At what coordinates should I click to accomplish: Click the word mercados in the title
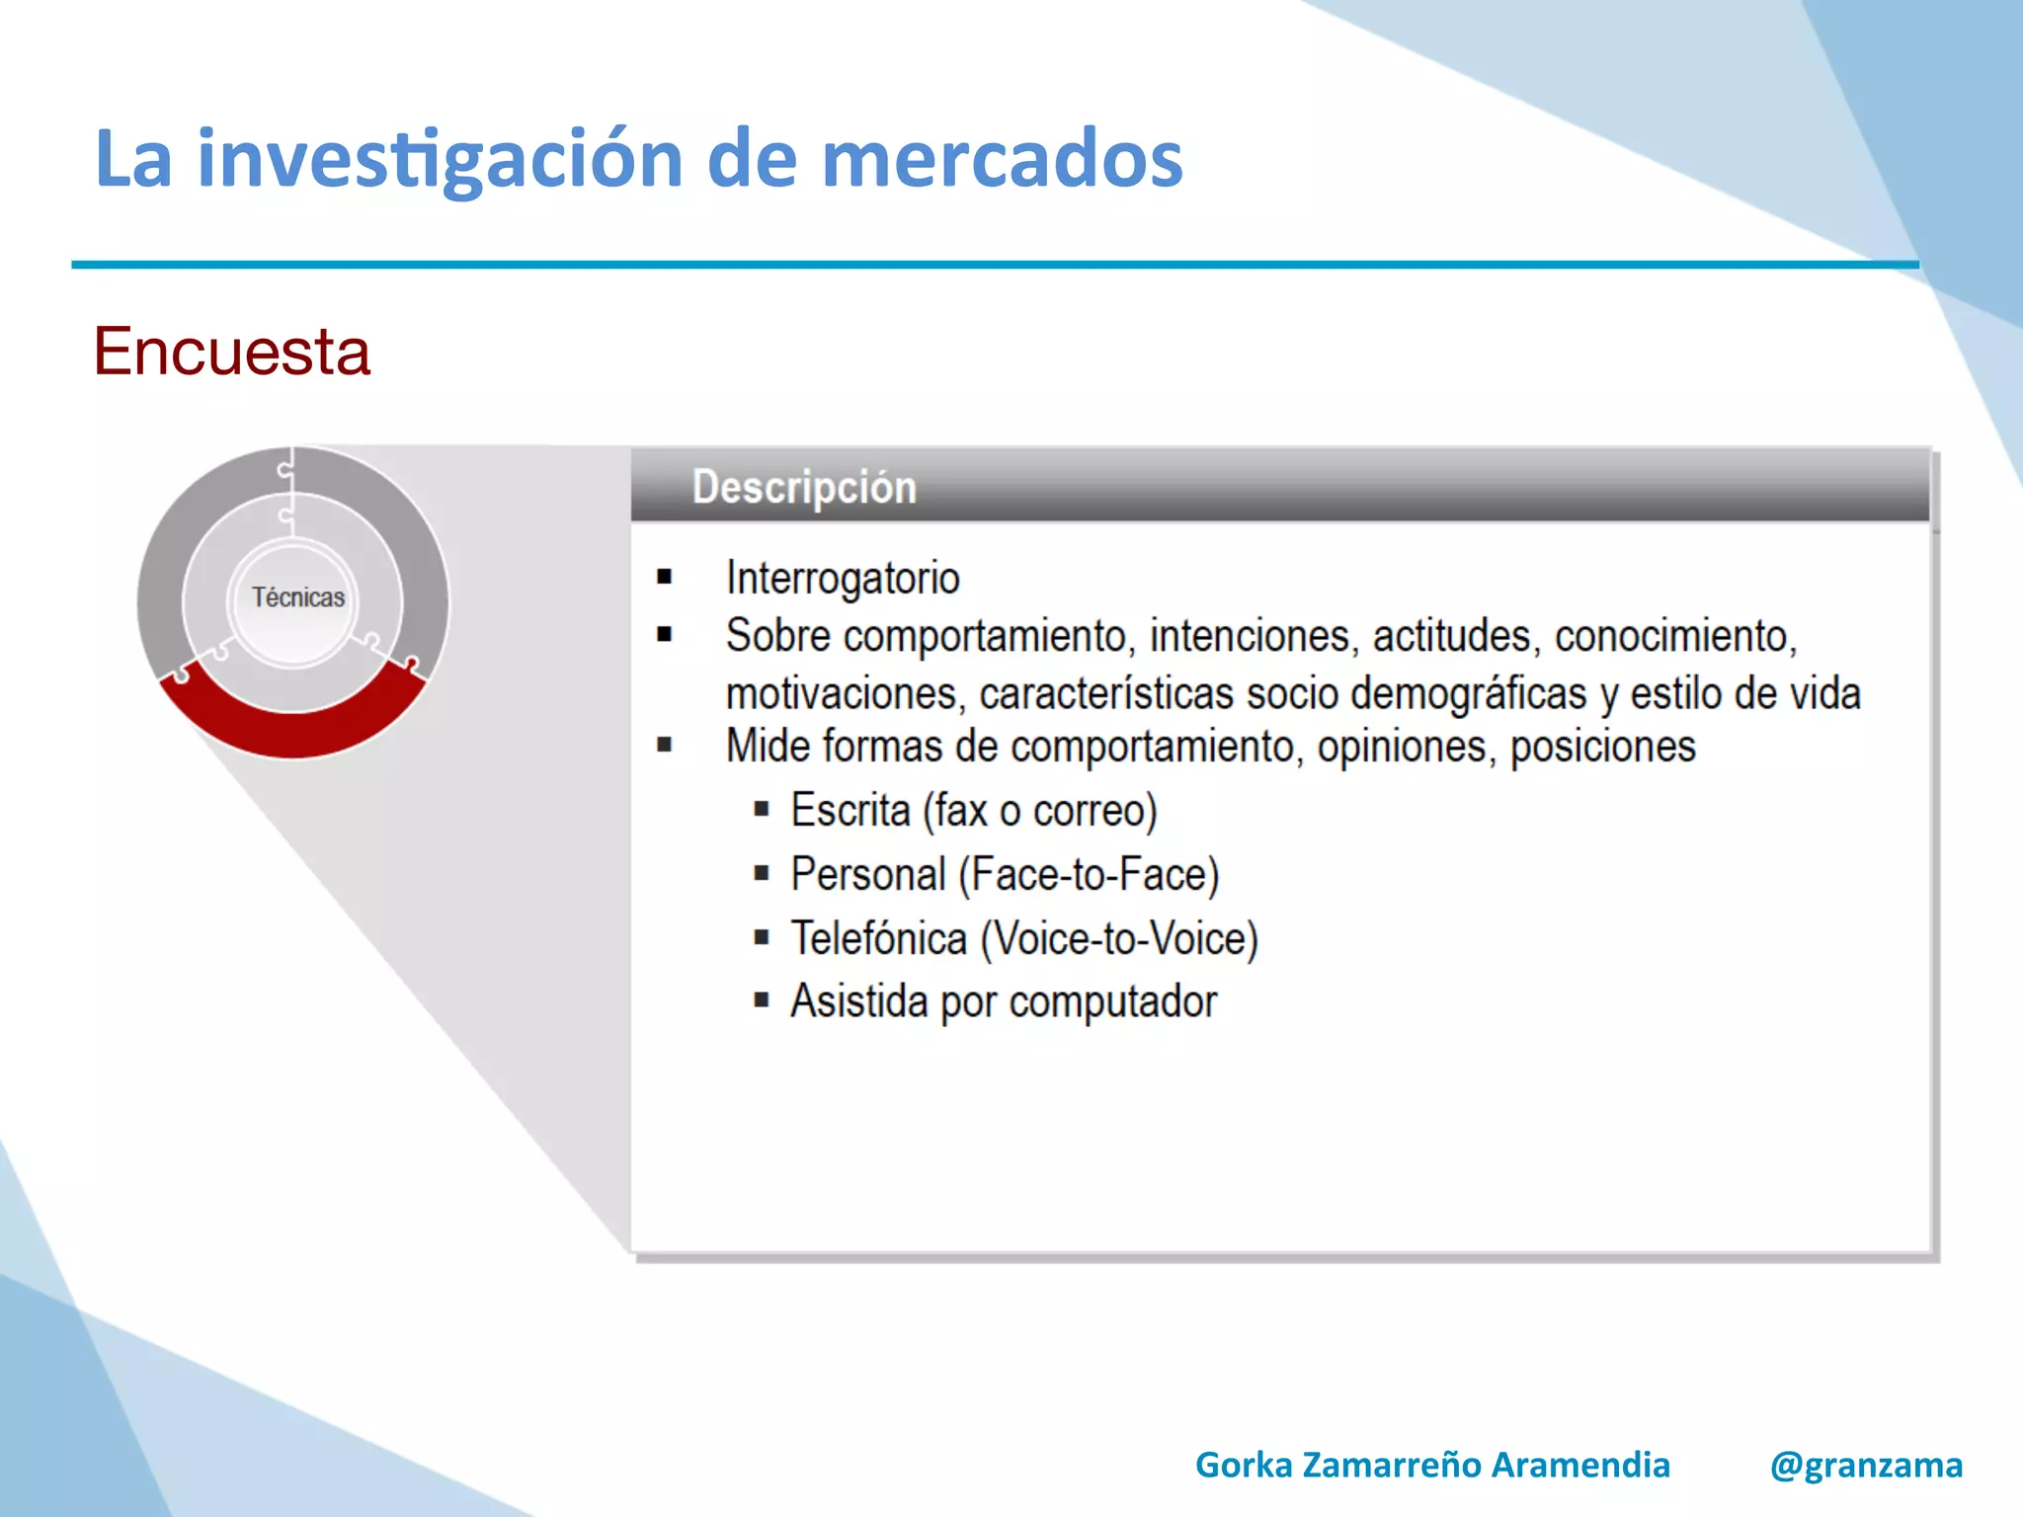pos(1002,159)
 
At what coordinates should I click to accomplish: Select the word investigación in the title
pos(440,159)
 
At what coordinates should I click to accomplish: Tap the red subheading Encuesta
pos(232,352)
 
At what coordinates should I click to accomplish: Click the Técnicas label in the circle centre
pos(297,598)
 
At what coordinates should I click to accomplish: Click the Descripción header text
pos(804,487)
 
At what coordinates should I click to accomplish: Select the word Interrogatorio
pos(843,578)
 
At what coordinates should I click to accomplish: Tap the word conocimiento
pos(1675,636)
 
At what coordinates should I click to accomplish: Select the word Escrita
pos(850,811)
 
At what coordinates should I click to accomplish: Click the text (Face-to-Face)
pos(1089,875)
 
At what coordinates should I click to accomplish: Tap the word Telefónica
pos(878,938)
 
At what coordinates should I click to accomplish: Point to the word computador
pos(1112,1002)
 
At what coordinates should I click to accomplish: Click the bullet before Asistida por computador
pos(762,1000)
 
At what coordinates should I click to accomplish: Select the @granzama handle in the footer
pos(1866,1465)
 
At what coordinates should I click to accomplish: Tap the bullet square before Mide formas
pos(665,746)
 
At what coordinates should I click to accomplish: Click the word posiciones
pos(1602,747)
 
